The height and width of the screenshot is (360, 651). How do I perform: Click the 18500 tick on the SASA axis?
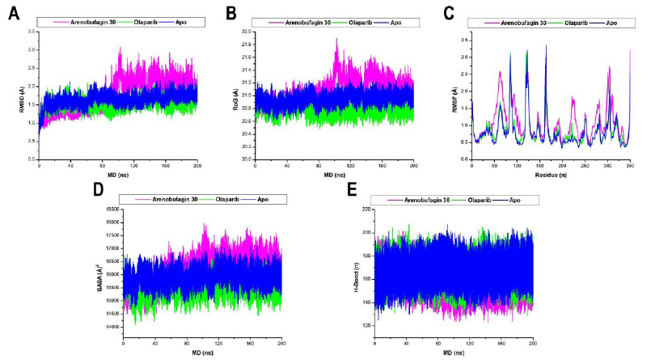112,210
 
